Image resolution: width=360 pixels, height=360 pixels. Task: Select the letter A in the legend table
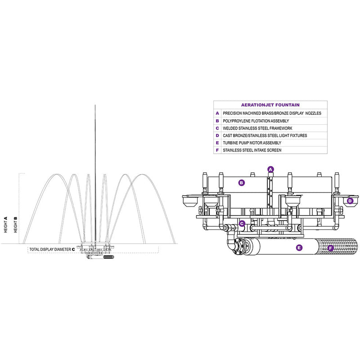pos(217,113)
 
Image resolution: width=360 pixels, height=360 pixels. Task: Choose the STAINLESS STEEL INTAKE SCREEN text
pos(252,150)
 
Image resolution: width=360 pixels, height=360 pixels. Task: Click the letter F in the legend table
pos(217,150)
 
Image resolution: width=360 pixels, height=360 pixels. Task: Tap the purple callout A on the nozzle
pos(270,169)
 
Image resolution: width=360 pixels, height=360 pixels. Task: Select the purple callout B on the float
pos(242,183)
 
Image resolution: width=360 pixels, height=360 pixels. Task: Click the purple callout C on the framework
pos(242,223)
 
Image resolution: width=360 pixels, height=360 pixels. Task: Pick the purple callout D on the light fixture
pos(350,201)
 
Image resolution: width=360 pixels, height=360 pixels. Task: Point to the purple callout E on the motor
pos(298,247)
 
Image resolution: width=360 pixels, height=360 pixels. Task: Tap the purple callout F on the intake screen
pos(331,247)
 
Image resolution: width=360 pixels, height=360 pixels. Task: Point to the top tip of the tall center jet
pos(95,105)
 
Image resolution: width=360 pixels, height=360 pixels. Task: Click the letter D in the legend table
pos(217,135)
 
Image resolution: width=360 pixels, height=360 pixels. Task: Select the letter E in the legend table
pos(217,143)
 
